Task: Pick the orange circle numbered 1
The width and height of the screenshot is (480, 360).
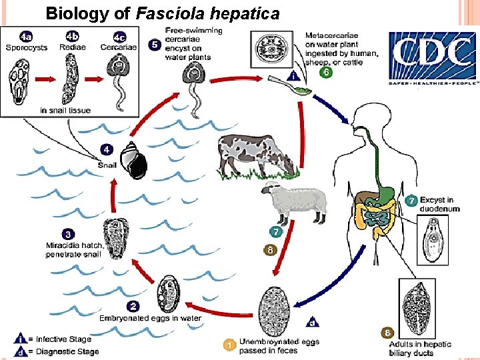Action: coord(229,345)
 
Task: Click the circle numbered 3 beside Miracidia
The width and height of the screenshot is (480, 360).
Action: coord(68,235)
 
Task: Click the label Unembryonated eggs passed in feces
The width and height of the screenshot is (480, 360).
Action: coord(279,345)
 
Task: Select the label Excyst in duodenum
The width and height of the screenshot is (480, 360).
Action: coord(439,204)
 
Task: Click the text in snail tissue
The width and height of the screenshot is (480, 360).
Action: coord(65,110)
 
